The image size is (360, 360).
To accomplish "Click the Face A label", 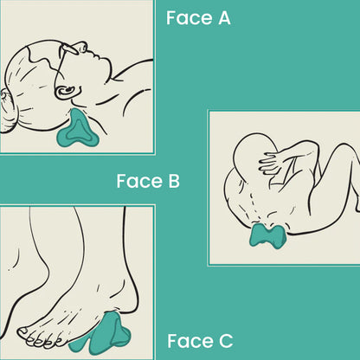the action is click(198, 18).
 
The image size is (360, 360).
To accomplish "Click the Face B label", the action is click(148, 181).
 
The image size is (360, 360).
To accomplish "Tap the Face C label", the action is click(200, 341).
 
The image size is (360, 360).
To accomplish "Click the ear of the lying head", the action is click(67, 92).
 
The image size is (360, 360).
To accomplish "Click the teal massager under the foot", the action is click(102, 335).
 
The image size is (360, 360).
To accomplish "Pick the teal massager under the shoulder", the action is click(267, 235).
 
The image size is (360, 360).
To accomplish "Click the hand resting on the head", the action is click(271, 162).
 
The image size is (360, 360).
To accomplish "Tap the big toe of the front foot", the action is click(23, 333).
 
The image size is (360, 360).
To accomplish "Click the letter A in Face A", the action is click(224, 18).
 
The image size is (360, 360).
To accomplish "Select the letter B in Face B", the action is click(174, 181).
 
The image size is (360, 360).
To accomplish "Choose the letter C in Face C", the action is click(226, 341).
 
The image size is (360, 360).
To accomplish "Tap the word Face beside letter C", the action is click(190, 341).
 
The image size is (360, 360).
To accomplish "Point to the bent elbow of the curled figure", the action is click(313, 148).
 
